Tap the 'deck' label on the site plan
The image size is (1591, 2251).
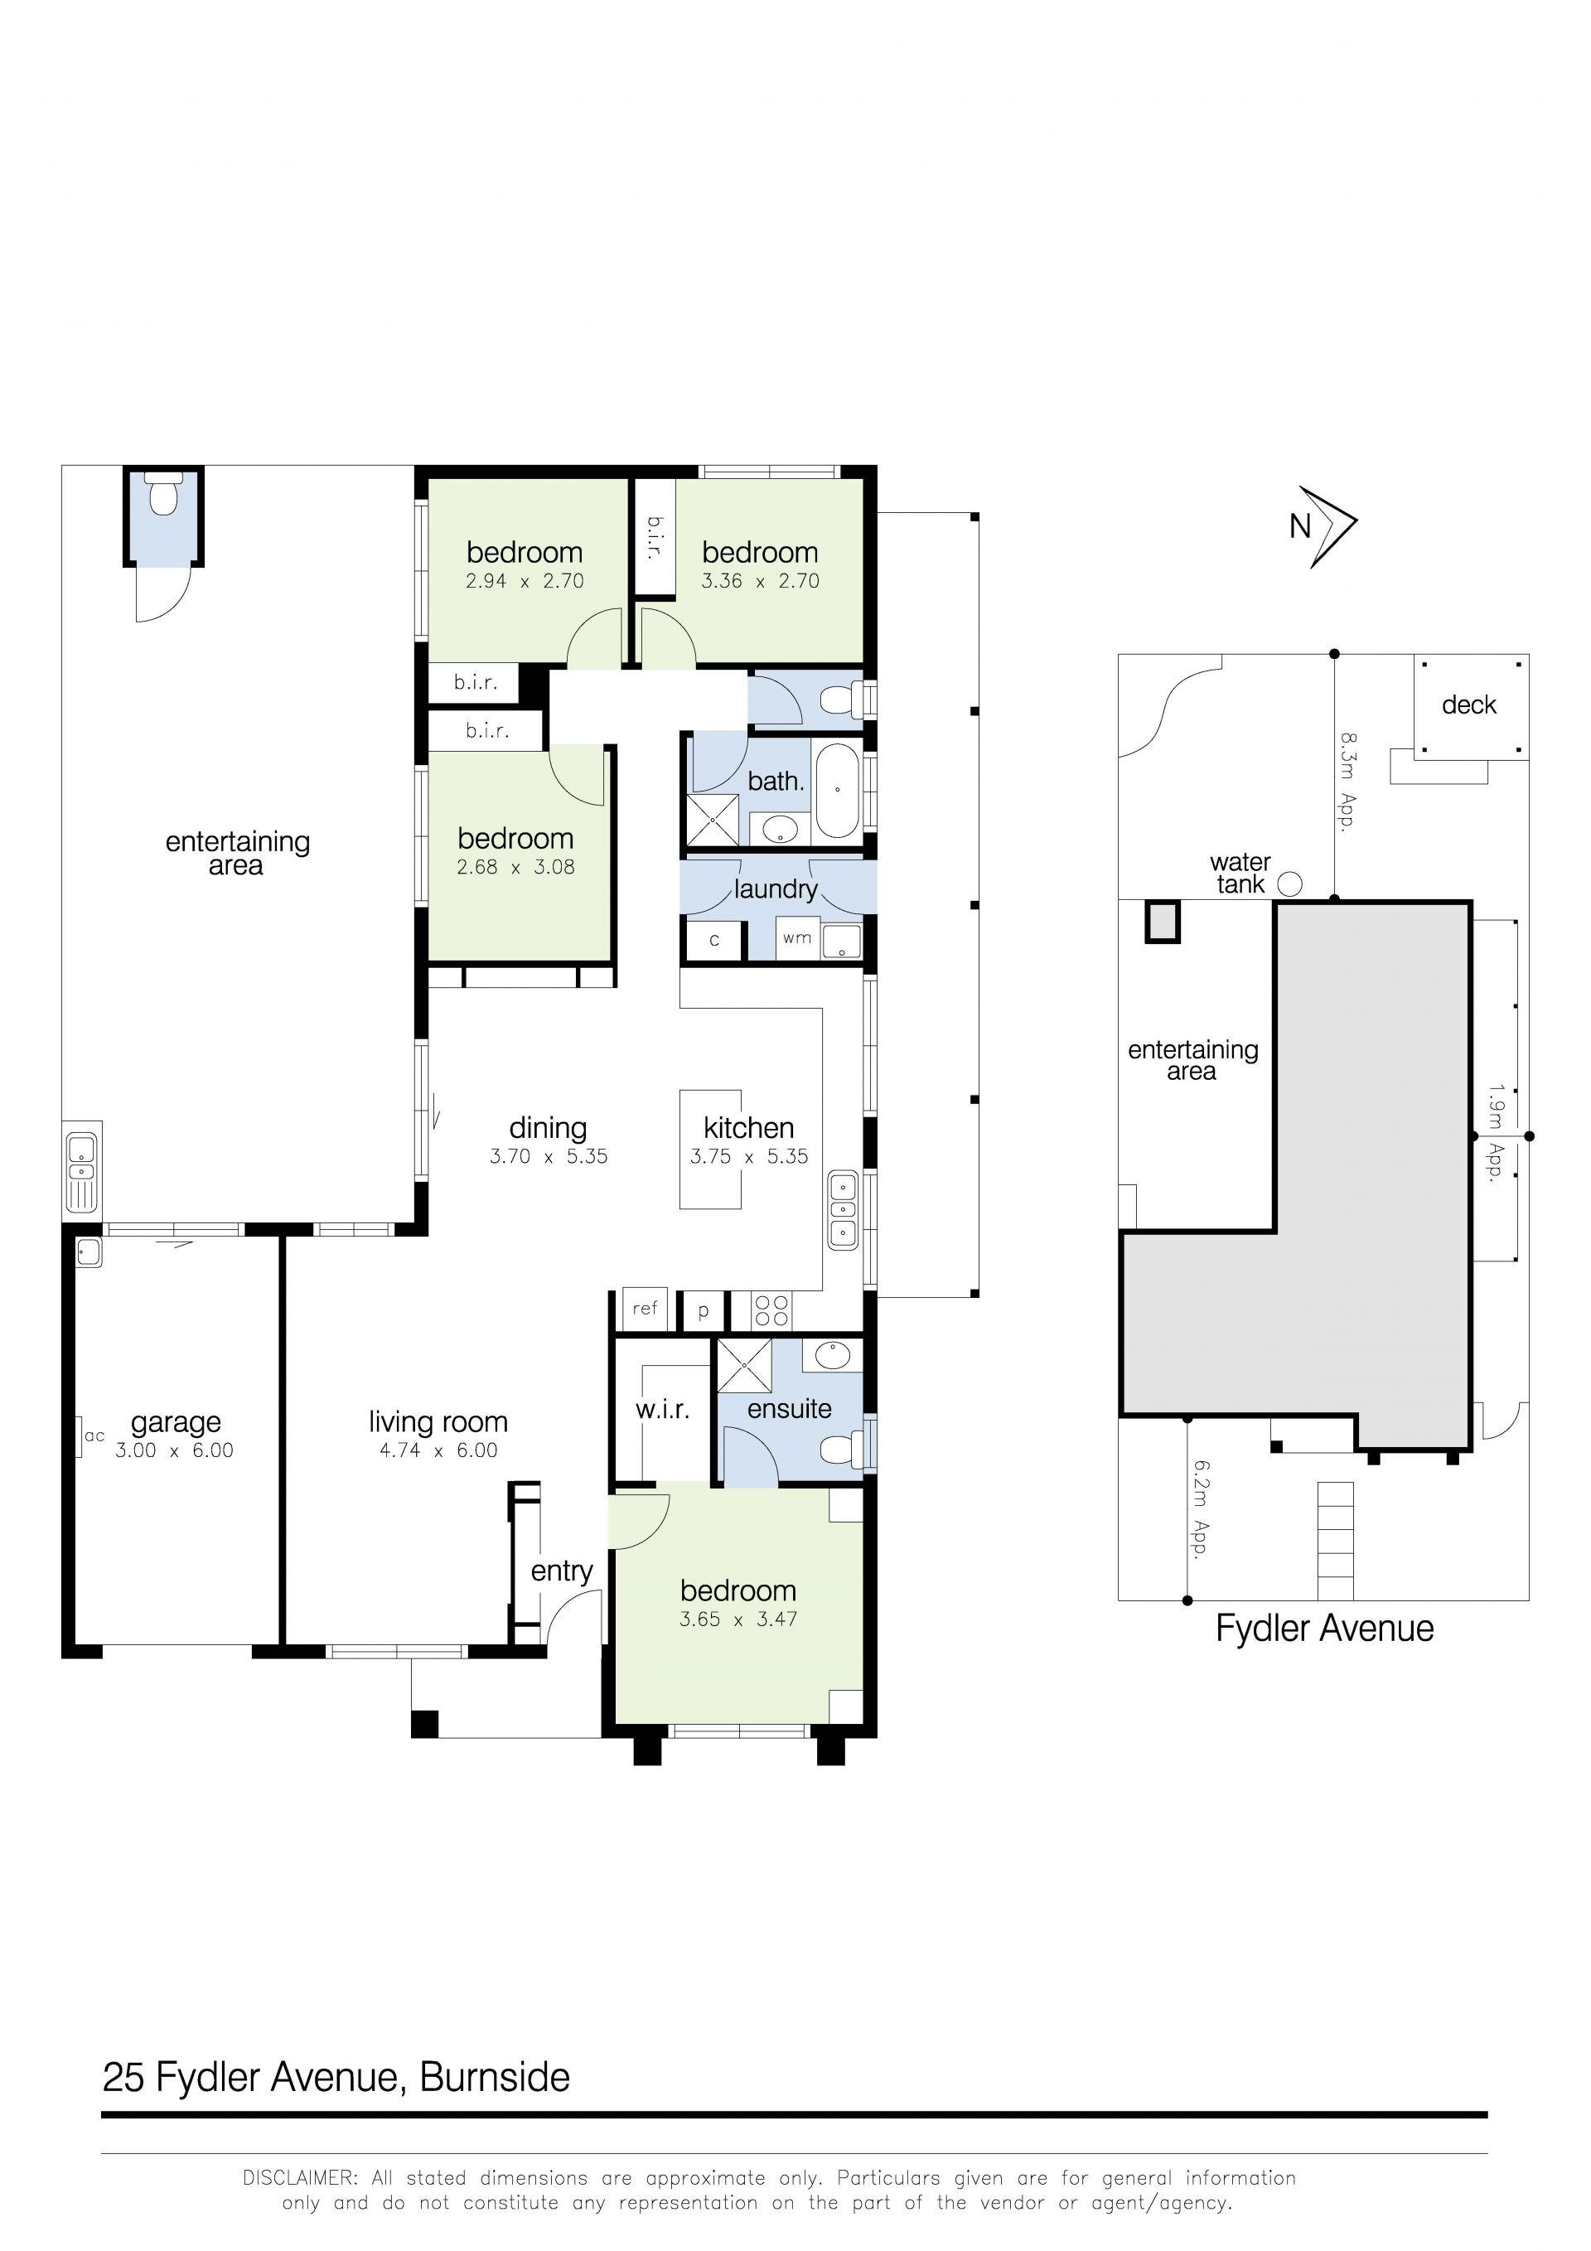click(x=1468, y=705)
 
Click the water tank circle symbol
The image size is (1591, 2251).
click(x=1290, y=884)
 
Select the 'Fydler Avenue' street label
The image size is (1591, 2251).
click(x=1324, y=1629)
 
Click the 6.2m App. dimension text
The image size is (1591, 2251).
click(x=1201, y=1509)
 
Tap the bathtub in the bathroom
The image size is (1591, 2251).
click(x=837, y=790)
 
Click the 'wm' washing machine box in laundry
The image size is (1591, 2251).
click(x=797, y=938)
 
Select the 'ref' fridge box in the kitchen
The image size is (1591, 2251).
click(x=645, y=1309)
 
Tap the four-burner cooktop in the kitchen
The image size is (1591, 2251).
click(x=772, y=1311)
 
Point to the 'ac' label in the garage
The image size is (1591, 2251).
click(x=94, y=1436)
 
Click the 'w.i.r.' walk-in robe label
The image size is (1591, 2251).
click(x=663, y=1410)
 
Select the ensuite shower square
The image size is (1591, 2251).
click(x=744, y=1365)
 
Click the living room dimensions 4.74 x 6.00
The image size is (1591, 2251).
click(x=438, y=1450)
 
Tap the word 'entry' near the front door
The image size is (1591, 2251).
click(x=562, y=1571)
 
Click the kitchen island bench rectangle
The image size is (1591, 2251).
click(x=711, y=1149)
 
